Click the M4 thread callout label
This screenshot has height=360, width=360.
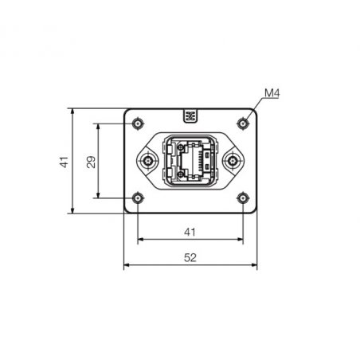click(x=272, y=93)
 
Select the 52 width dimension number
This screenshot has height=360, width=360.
click(x=190, y=257)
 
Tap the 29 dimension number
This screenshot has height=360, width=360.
click(x=91, y=162)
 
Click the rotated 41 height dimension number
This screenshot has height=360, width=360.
click(x=64, y=162)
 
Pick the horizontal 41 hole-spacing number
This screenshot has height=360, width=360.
click(x=190, y=233)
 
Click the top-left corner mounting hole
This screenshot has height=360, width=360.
click(x=138, y=123)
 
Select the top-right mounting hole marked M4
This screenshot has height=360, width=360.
click(x=243, y=123)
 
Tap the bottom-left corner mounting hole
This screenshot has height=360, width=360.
click(x=138, y=198)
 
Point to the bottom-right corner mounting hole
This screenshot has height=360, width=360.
click(x=243, y=198)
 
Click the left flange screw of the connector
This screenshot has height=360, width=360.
click(x=147, y=161)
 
